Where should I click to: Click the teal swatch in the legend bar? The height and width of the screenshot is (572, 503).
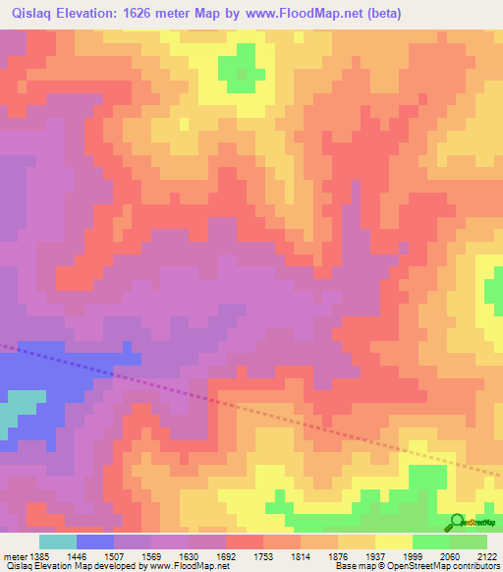(58, 542)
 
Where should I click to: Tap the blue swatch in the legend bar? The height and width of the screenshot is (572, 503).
(95, 542)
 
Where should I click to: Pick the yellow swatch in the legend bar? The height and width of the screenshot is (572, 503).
(394, 542)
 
